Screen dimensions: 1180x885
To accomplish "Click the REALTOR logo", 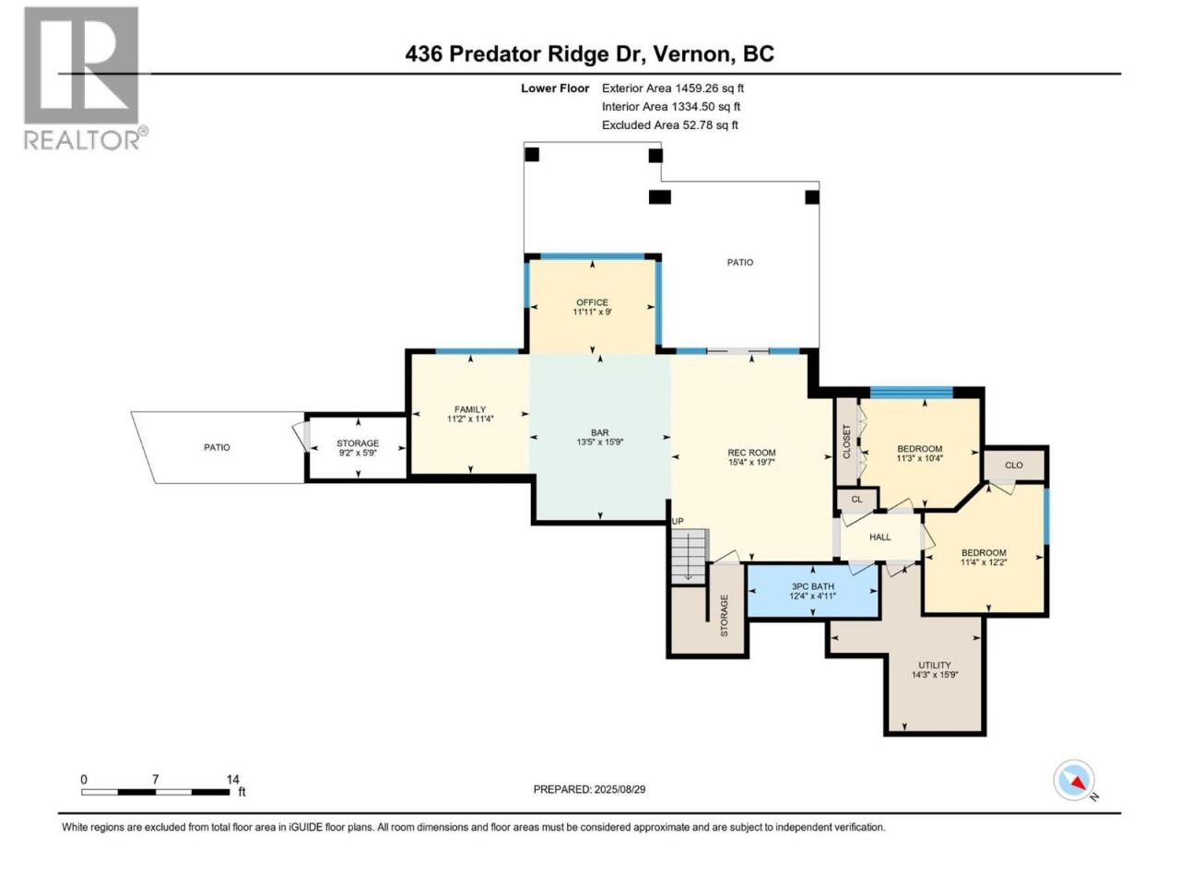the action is pos(85,78).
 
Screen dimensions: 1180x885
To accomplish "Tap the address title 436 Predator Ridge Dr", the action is pos(525,53).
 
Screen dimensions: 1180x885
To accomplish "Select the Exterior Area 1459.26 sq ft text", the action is pos(673,88).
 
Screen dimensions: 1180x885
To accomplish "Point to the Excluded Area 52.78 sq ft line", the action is pos(670,125).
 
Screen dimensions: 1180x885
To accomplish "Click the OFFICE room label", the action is pos(592,307).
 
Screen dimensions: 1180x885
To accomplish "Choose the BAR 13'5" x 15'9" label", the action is pos(599,437).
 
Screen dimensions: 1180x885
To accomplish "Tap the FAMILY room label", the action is pos(470,414).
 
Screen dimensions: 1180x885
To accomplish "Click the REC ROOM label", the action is pos(751,456).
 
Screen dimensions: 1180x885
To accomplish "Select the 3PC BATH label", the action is pos(812,591).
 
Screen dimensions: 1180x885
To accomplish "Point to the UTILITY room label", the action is pos(935,669).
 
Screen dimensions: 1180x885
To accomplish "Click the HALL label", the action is pos(879,537).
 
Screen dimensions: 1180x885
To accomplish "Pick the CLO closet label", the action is pos(1013,465).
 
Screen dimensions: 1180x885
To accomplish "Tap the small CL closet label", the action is pos(856,499).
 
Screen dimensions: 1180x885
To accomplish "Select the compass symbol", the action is pos(1074,780).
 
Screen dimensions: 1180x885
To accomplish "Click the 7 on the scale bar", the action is pos(156,779).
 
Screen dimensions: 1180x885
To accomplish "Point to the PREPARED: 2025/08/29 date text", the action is pos(589,789).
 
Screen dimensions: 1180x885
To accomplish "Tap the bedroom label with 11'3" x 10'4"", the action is pos(919,453).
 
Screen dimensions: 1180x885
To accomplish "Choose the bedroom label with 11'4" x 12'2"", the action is pos(984,557).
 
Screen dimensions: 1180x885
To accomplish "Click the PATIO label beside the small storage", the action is pos(217,447).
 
